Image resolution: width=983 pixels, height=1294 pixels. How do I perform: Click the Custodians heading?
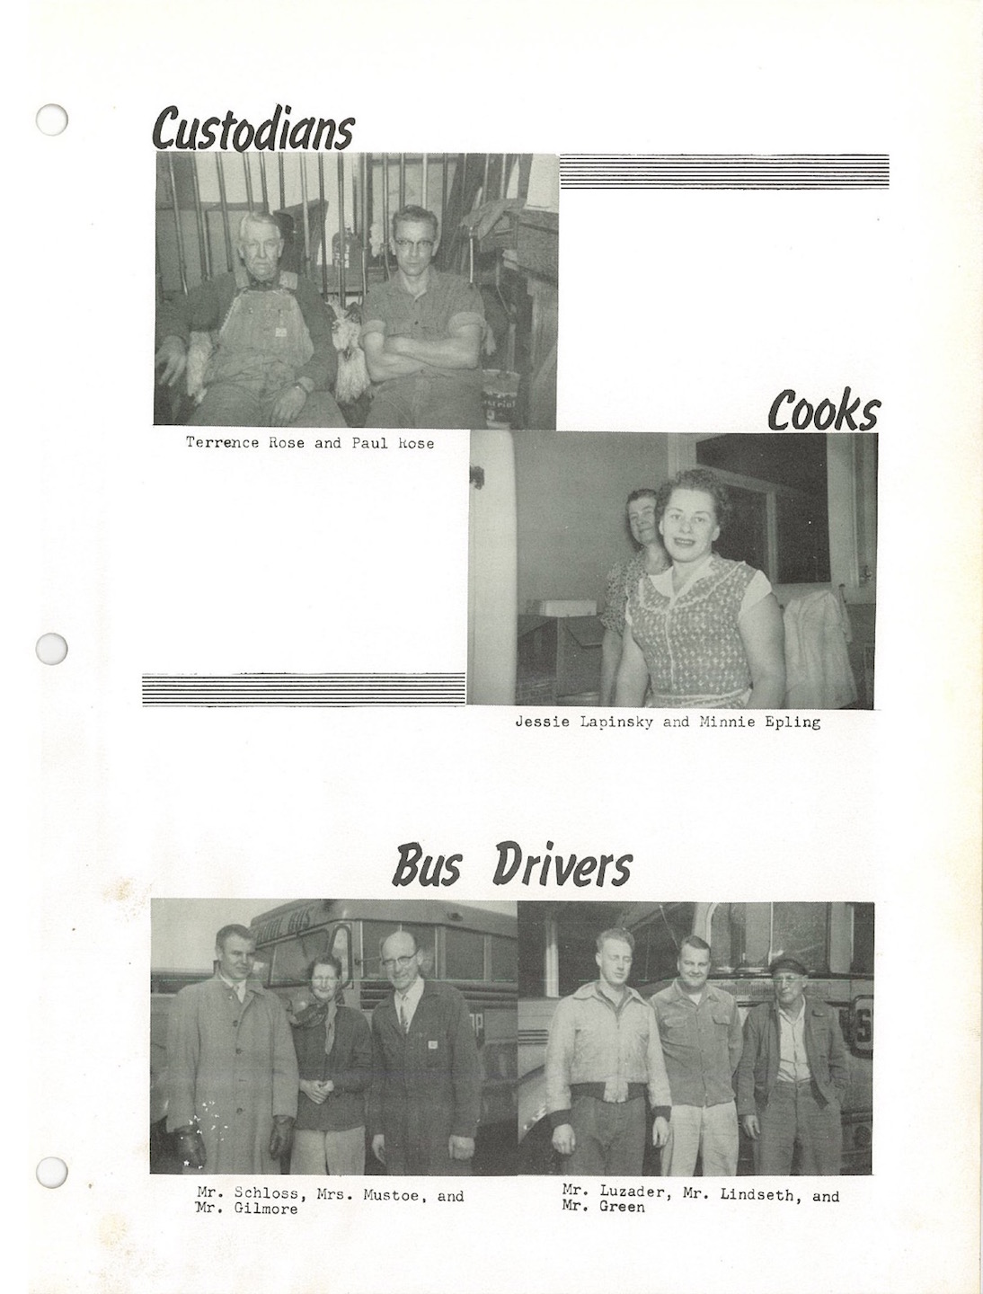(x=253, y=129)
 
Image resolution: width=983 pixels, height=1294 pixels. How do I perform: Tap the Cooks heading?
(x=823, y=412)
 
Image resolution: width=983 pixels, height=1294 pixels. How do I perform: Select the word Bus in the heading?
(x=428, y=867)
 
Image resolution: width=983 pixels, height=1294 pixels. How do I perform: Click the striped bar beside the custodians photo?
(x=724, y=171)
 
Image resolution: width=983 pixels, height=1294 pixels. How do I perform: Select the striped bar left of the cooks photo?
(x=304, y=689)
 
